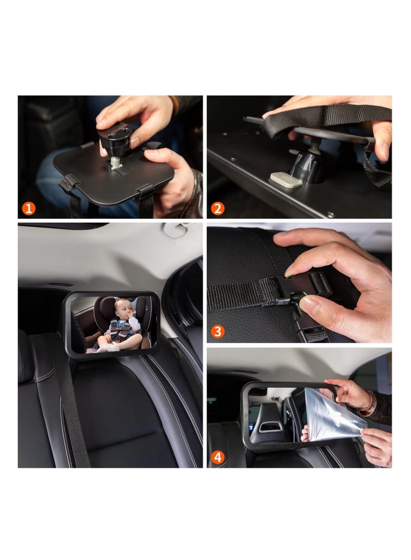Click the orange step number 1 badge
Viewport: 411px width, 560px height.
click(29, 208)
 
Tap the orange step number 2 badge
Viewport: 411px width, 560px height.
click(218, 208)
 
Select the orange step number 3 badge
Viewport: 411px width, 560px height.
click(218, 332)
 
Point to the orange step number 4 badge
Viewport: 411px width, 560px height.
click(218, 457)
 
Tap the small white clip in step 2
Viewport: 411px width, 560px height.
click(286, 180)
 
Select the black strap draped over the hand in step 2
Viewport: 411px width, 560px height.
click(329, 115)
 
